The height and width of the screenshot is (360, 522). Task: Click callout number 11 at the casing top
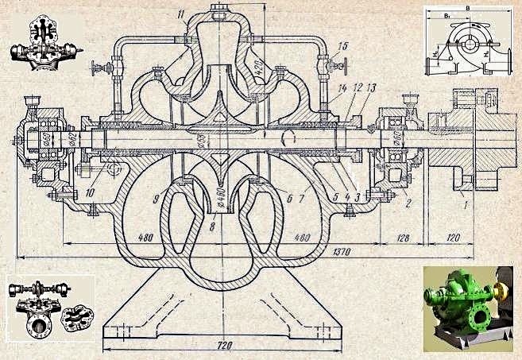coord(181,14)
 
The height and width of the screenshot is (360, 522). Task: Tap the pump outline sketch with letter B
coord(470,39)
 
